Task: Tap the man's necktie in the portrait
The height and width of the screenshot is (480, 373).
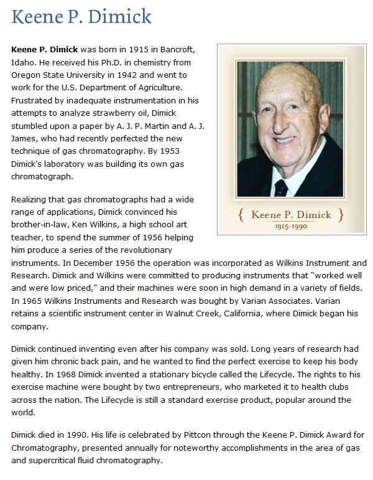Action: pyautogui.click(x=281, y=186)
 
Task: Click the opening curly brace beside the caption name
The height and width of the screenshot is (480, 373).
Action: pyautogui.click(x=242, y=215)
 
